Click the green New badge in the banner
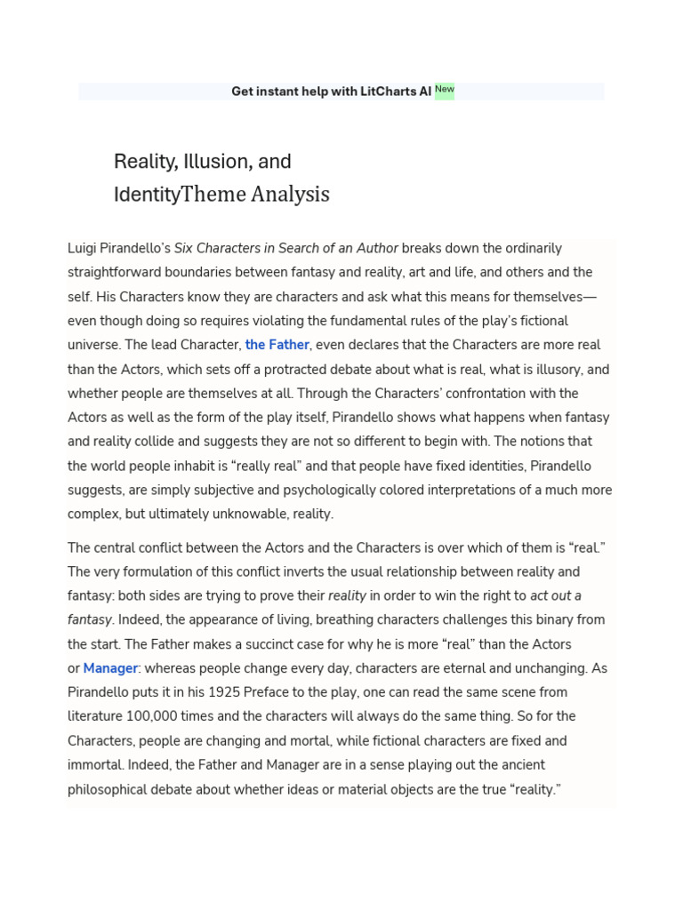444,90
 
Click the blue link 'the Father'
277,345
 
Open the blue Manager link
111,668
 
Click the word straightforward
122,273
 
